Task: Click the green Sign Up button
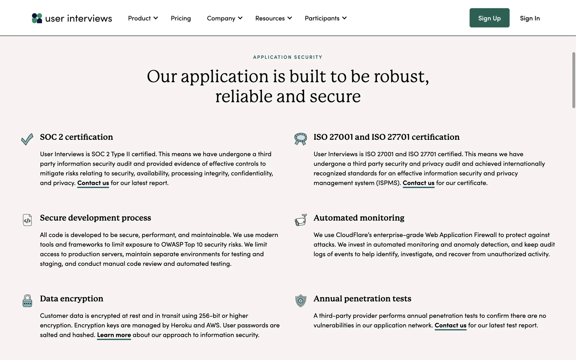[489, 18]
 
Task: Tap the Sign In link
[530, 18]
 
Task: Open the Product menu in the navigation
[142, 18]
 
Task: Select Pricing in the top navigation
[181, 18]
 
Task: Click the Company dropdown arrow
[240, 18]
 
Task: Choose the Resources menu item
[273, 18]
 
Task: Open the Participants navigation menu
[325, 18]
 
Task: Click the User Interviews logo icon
[37, 18]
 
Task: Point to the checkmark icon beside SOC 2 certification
[27, 139]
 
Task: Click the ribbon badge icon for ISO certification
[301, 139]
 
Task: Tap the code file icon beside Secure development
[27, 220]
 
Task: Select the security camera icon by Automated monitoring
[301, 220]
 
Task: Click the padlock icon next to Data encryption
[27, 301]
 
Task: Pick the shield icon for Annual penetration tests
[301, 301]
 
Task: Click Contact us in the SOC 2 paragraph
[93, 183]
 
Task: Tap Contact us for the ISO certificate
[418, 183]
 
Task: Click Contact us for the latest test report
[450, 325]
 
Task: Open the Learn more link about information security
[114, 335]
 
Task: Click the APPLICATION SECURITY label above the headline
[288, 57]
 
